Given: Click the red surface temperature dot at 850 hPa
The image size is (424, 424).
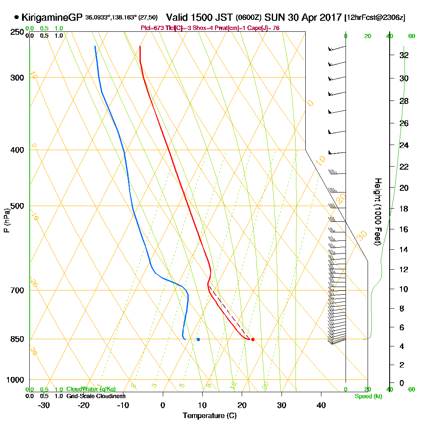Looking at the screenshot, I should (x=253, y=339).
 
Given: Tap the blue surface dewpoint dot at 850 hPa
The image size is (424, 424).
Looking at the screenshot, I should (x=198, y=339).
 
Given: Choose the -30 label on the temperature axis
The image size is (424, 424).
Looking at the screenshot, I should (x=44, y=405).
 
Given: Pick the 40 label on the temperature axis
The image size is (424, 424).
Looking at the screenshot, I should (x=321, y=405).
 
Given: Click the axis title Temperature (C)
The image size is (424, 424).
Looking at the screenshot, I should (x=209, y=416).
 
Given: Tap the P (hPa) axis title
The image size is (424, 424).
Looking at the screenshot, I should (x=6, y=220).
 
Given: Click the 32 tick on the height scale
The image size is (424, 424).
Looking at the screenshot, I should (x=404, y=55).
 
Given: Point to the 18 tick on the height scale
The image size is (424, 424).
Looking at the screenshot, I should (x=404, y=209).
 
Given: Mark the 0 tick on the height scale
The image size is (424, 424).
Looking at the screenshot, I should (x=402, y=383).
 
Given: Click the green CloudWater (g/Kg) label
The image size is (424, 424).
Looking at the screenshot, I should (x=91, y=389).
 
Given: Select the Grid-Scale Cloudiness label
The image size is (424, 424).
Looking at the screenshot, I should (x=96, y=396).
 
